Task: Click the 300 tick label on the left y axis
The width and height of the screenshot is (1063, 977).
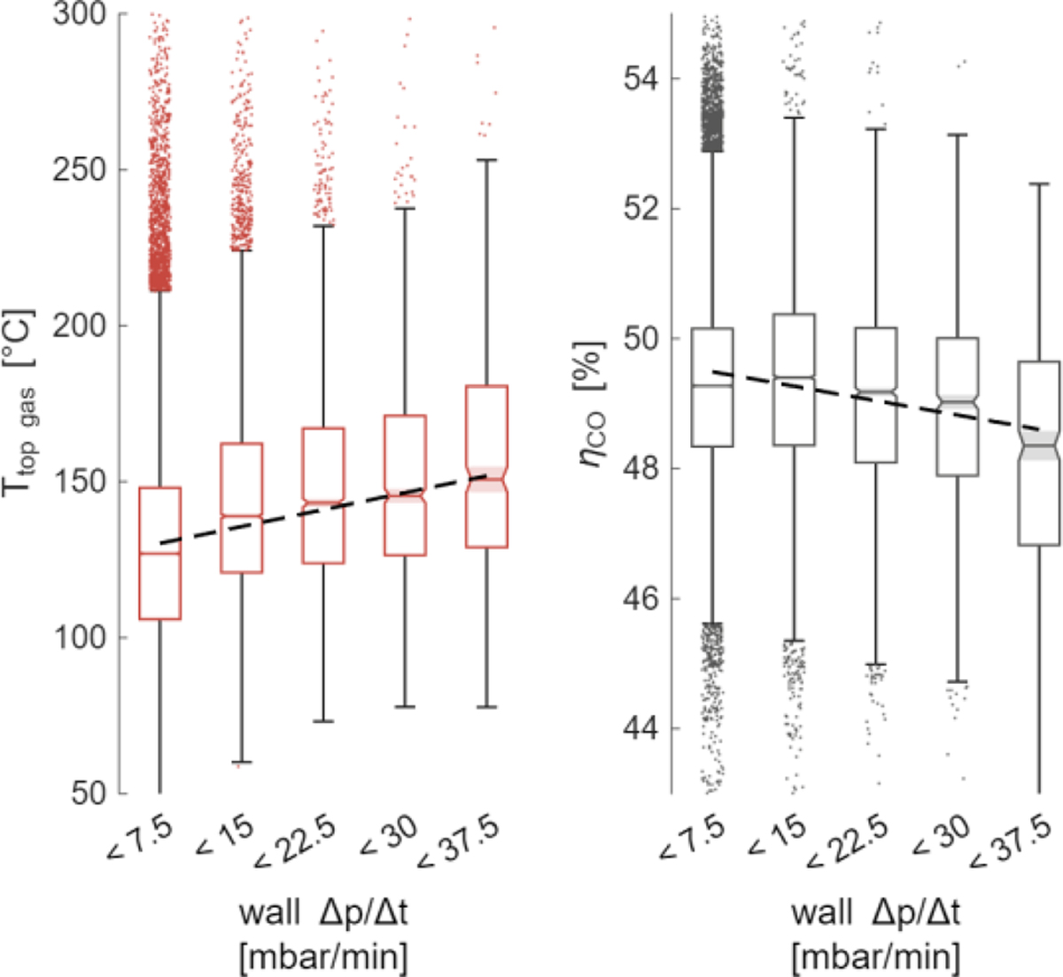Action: pyautogui.click(x=81, y=15)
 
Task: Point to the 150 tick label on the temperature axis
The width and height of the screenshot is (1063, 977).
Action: pyautogui.click(x=81, y=482)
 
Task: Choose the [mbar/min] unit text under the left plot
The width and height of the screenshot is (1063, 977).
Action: pyautogui.click(x=323, y=957)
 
